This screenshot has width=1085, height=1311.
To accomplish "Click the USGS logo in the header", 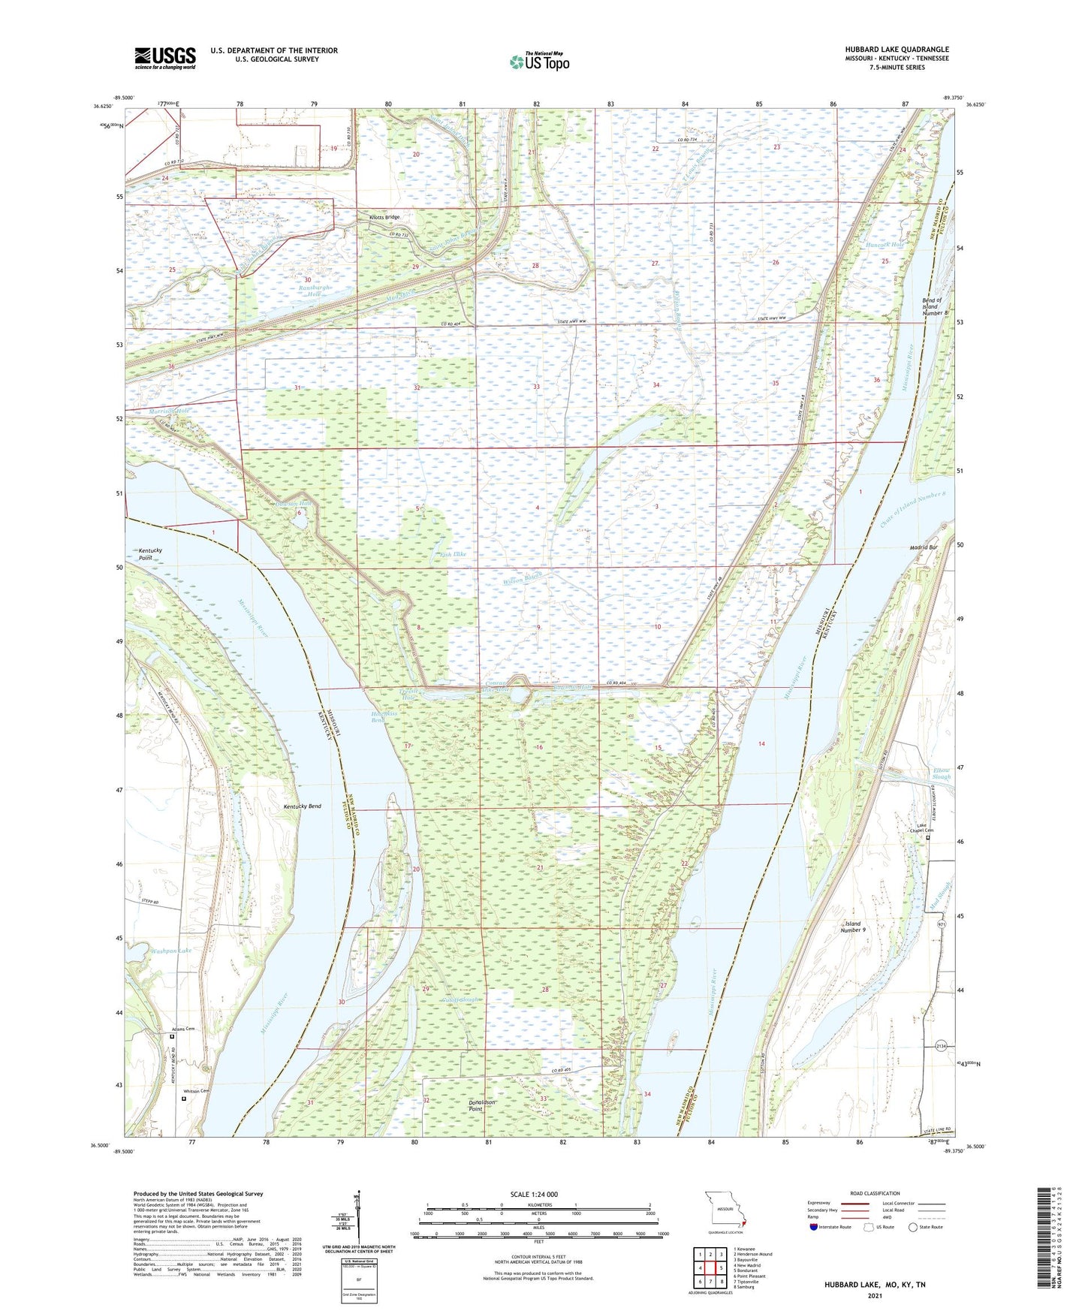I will pos(165,58).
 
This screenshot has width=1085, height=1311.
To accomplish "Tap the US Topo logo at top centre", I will pos(538,62).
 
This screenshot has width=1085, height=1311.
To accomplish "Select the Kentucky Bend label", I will pos(303,806).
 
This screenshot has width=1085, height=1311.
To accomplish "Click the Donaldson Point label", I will pos(482,1105).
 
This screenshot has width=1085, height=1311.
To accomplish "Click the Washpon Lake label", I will pos(171,951).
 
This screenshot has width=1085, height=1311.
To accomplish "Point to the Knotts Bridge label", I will pos(384,217).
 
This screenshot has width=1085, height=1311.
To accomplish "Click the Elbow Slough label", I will pos(941,773).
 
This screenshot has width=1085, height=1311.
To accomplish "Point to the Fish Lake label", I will pos(453,554).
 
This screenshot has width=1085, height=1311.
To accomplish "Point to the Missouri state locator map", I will pos(724,1210).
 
